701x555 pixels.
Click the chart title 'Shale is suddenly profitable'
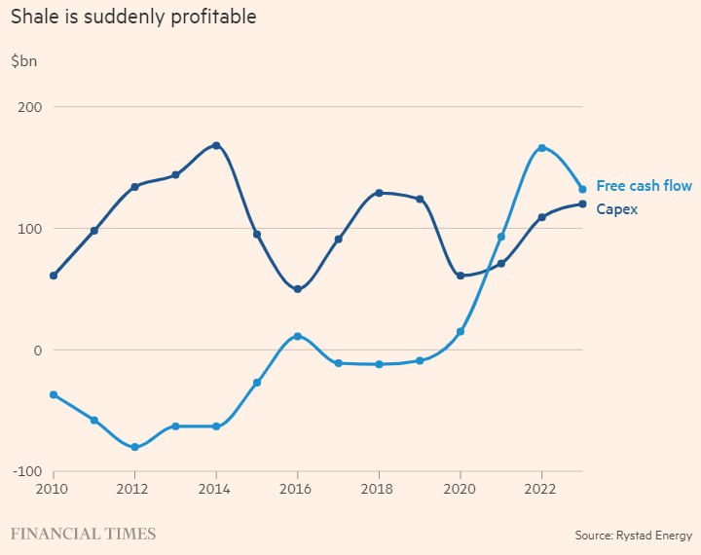point(133,18)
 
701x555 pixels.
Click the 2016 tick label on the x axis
point(297,489)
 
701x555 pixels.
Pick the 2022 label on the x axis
point(541,489)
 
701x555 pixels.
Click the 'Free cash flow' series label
point(644,186)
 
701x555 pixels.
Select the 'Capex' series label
point(616,209)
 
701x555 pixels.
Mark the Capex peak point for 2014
point(216,145)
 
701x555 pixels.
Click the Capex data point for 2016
point(297,289)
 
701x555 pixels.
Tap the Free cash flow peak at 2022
point(541,148)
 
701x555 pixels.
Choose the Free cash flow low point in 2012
point(134,448)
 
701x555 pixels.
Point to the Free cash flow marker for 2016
point(297,337)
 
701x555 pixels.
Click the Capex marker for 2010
point(54,276)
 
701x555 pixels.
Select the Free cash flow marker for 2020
point(461,332)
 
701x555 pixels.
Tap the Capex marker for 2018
point(379,193)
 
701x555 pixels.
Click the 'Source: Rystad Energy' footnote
point(633,536)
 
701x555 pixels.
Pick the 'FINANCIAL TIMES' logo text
point(83,534)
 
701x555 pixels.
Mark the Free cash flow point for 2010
point(54,395)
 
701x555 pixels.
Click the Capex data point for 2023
point(582,203)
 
